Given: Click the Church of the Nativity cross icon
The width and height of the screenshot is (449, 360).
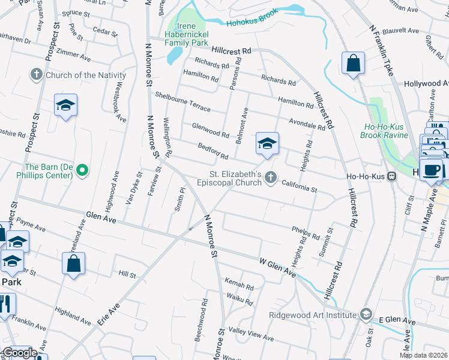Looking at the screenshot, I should (x=37, y=75).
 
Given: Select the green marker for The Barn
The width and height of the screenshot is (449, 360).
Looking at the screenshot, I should (x=83, y=171).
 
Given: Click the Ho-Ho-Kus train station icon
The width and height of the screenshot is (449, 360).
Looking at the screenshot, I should (x=391, y=176).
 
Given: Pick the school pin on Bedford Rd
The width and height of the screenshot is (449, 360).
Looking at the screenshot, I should (x=267, y=143).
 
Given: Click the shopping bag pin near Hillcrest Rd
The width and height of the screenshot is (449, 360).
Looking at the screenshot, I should (x=354, y=63).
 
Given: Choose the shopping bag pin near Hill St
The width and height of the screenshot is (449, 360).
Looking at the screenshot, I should (x=73, y=263).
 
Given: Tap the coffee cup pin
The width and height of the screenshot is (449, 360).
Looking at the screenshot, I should (x=430, y=169).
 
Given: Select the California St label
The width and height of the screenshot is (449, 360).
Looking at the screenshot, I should (x=299, y=187).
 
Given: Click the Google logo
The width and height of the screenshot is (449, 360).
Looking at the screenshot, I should (x=19, y=353).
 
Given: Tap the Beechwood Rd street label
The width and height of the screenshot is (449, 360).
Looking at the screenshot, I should (x=202, y=329).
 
